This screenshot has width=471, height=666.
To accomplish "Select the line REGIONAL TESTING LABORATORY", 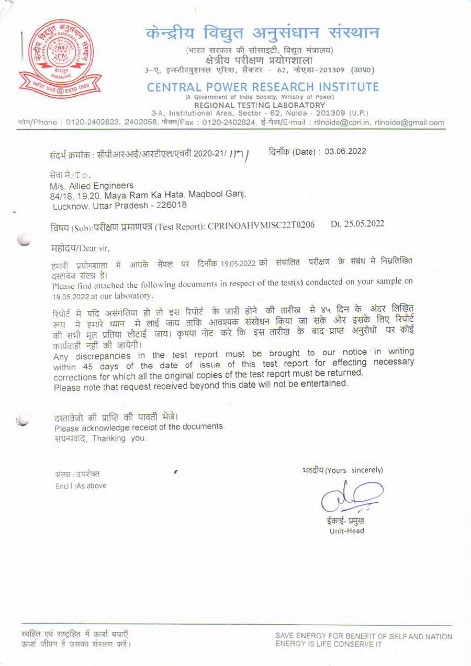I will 260,105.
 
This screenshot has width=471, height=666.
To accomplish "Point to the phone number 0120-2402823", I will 94,123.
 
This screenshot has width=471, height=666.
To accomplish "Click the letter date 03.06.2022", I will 345,152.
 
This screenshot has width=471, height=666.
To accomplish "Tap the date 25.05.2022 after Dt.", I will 364,224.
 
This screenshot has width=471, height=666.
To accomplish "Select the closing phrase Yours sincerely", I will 355,470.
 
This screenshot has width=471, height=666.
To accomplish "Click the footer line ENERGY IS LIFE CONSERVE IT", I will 329,644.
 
